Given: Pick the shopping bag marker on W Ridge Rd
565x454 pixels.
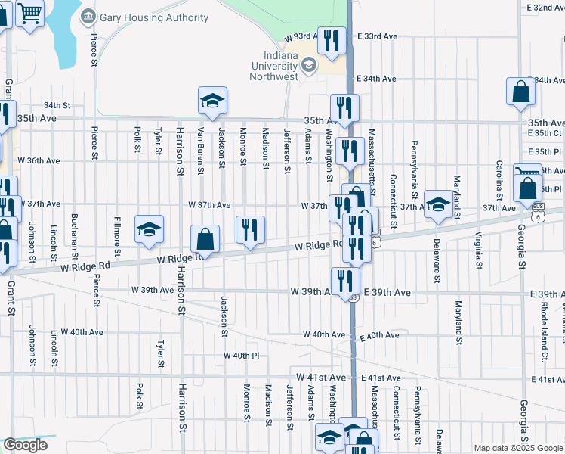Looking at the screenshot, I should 205,239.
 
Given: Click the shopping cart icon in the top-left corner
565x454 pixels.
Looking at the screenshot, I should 30,13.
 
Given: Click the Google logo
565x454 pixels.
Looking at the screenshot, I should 25,445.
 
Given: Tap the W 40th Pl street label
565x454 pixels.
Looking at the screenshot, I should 241,355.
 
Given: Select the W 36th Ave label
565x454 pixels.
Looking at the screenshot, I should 40,160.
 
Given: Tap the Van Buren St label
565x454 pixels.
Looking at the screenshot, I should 200,149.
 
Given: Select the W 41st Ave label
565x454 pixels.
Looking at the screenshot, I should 321,377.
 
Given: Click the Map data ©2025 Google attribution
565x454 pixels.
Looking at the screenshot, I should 517,448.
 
